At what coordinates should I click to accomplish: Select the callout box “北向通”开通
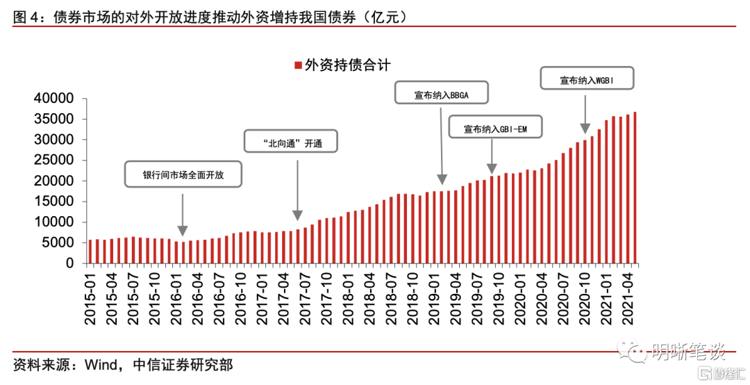coord(292,142)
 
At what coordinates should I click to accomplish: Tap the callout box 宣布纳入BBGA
coord(442,93)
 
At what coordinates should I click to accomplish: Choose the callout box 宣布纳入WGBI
coord(587,79)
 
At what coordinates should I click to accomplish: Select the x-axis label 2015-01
coord(90,297)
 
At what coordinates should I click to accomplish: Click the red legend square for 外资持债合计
coord(298,65)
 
